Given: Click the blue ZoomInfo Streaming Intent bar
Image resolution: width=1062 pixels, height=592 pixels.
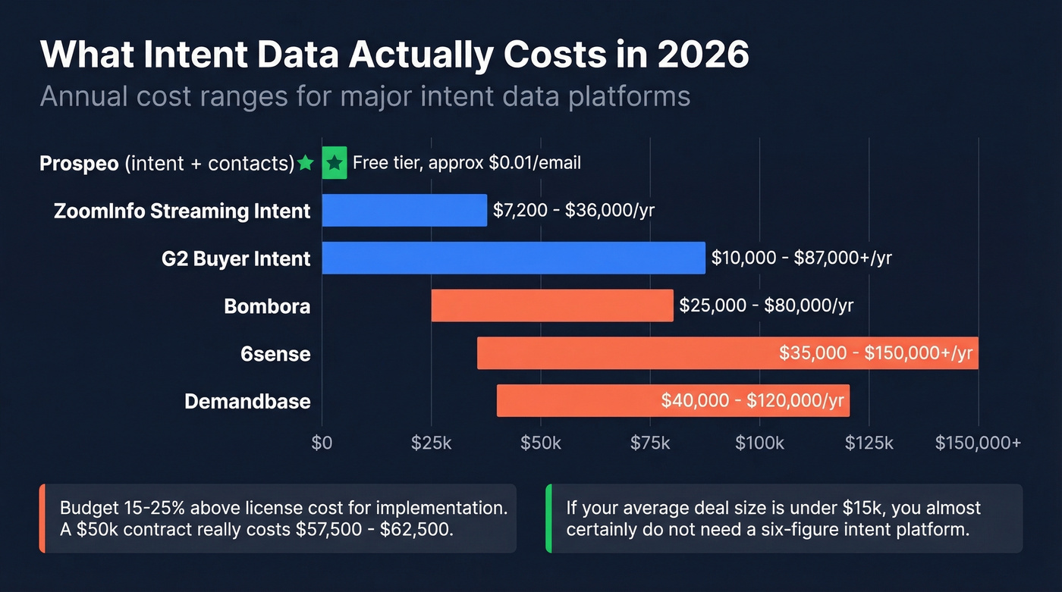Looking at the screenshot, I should (404, 210).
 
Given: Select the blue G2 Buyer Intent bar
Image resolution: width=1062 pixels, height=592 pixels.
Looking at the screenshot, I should (514, 258).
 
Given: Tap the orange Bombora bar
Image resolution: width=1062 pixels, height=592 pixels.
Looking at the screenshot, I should (552, 305).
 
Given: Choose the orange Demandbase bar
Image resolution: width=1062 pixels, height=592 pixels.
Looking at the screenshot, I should (577, 400).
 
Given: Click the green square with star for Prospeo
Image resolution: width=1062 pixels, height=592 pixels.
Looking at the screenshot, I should (335, 163).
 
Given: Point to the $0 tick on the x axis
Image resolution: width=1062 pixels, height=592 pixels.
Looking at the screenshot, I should (322, 443).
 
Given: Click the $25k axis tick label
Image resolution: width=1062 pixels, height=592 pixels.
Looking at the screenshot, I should (431, 443).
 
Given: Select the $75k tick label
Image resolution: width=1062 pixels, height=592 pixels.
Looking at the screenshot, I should (650, 443).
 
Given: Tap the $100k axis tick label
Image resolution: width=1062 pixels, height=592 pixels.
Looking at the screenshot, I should (759, 443).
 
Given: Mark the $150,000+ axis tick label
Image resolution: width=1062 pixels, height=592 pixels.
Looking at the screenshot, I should (978, 443).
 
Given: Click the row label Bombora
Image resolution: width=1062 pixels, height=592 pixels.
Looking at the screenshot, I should (267, 306).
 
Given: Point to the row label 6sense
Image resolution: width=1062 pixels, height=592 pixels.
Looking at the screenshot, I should (275, 354).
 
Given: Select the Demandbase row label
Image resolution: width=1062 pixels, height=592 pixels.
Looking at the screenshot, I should (247, 401).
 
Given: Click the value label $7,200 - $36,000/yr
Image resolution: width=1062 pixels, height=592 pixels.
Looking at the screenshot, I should (573, 211).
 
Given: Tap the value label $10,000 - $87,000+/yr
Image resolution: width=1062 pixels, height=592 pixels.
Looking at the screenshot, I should (801, 258).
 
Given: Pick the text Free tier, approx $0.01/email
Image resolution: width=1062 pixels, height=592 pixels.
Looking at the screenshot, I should (467, 163).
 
